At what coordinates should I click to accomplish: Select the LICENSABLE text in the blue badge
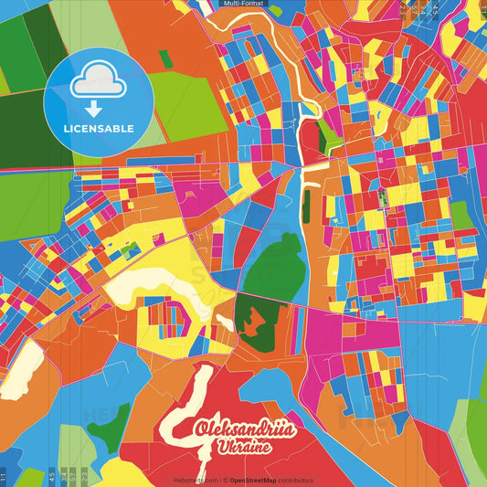coord(100,129)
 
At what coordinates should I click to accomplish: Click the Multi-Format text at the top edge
coord(243,5)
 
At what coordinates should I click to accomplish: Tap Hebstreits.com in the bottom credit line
coord(196,480)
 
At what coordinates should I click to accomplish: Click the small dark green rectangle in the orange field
coord(165,58)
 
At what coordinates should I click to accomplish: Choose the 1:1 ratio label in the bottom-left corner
coord(5,475)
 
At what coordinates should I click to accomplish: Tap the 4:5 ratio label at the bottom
coord(52,475)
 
